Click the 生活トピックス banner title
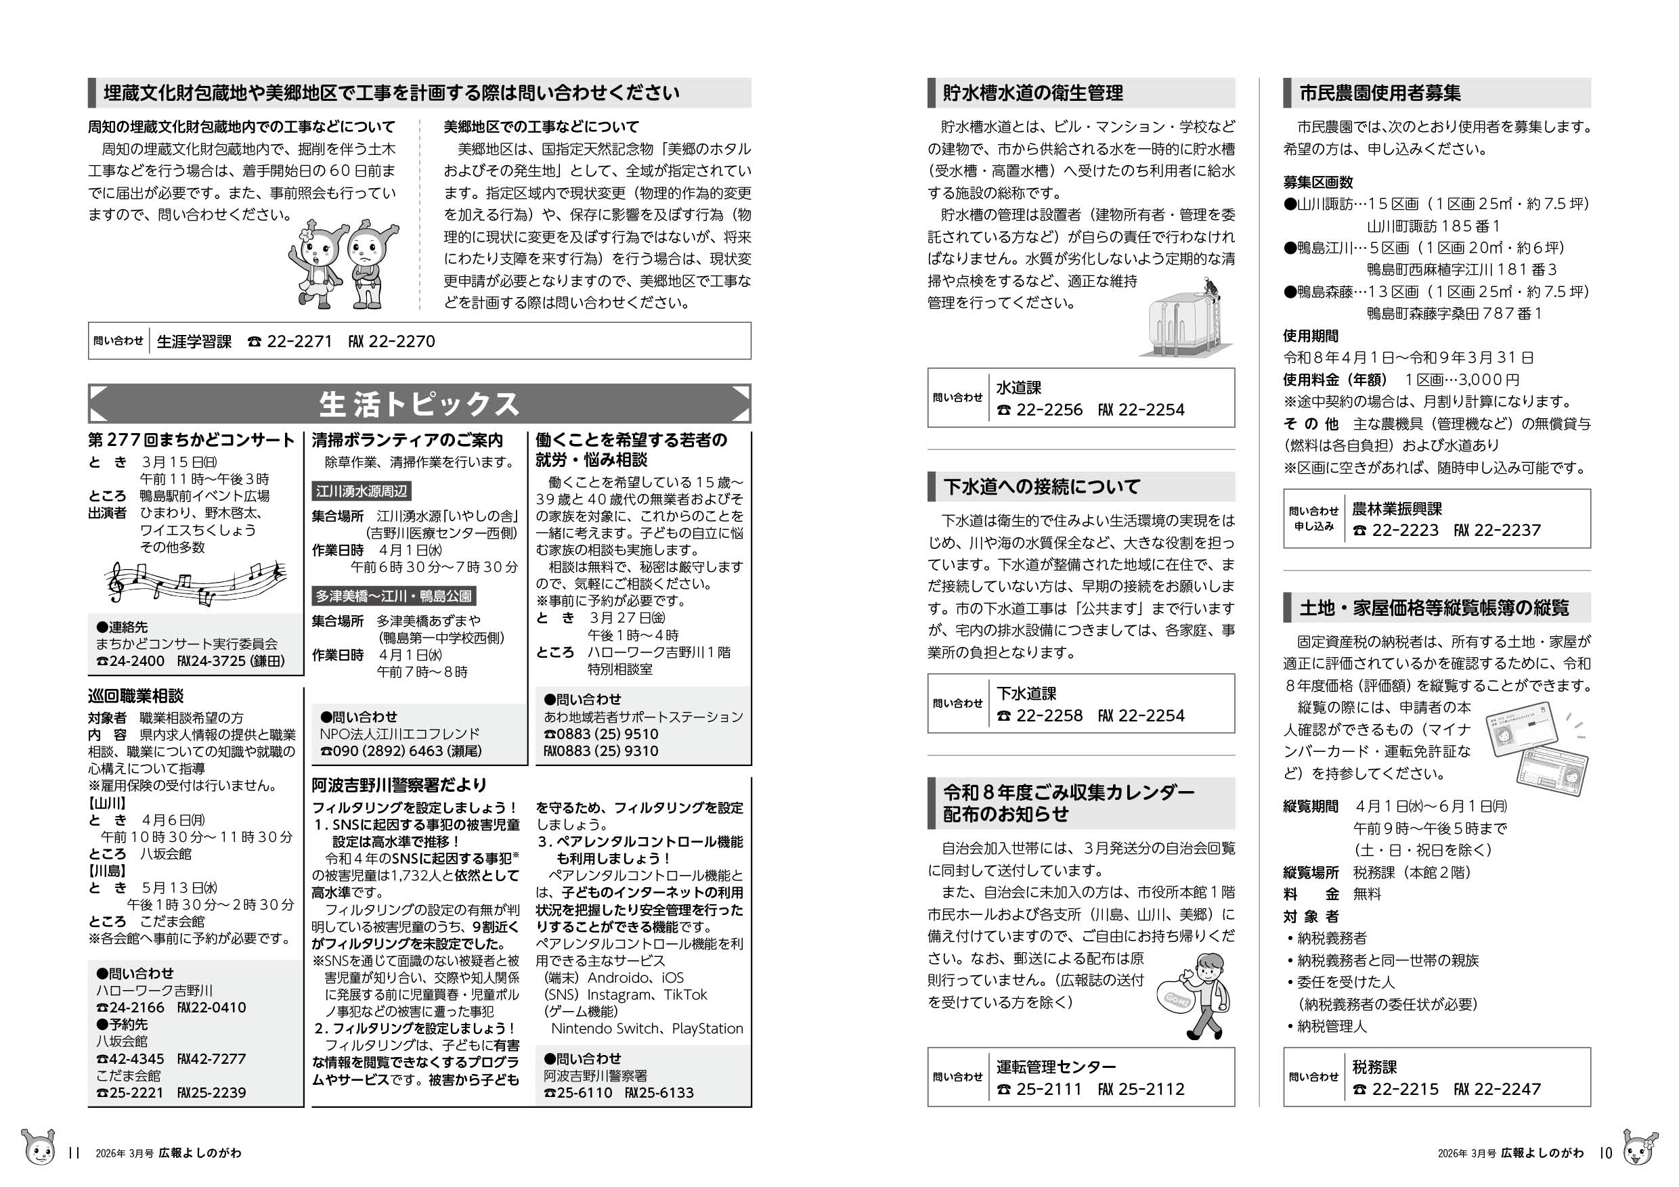pos(419,404)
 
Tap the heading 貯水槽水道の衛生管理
pos(1032,93)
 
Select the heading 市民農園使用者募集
pos(1380,93)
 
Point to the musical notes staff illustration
pos(194,583)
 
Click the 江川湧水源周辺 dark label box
pos(362,491)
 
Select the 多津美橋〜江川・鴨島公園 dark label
pos(393,596)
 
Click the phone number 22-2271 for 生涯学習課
pos(299,342)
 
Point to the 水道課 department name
pos(1018,388)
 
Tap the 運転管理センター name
pos(1056,1067)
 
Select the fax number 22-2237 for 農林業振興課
pos(1506,531)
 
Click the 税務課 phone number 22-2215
pos(1405,1089)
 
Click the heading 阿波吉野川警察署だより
pos(399,785)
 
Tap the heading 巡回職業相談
pos(135,696)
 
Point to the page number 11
pos(72,1152)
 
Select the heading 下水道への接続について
pos(1041,487)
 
